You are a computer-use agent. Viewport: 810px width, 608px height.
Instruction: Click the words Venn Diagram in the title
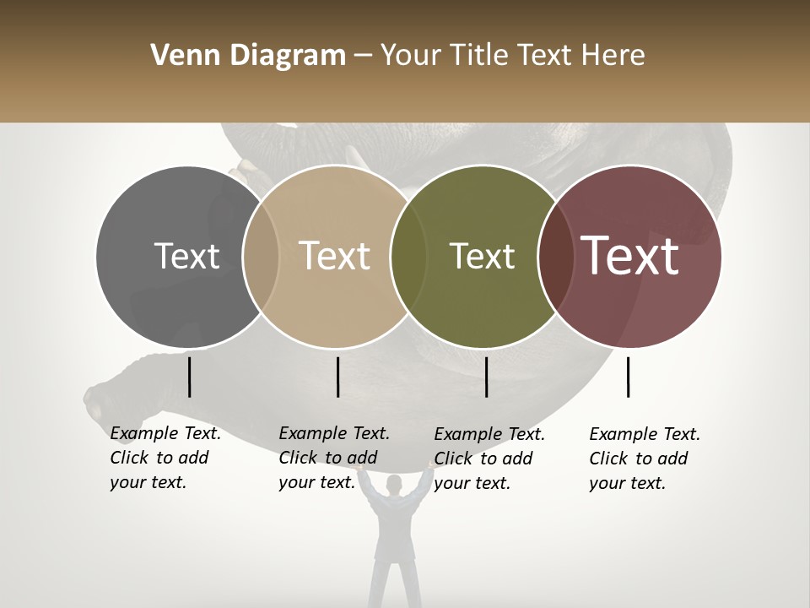pos(248,56)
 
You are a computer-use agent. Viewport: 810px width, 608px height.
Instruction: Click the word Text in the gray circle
pos(187,256)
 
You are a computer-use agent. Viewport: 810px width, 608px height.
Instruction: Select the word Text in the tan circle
pos(335,256)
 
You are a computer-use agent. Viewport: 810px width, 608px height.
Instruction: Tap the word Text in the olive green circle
pos(482,256)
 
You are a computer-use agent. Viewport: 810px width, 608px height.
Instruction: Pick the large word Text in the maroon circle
pos(630,256)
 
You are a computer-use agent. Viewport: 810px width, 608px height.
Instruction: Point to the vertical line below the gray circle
pos(189,377)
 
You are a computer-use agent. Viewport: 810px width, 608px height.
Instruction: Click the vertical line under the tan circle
pos(337,377)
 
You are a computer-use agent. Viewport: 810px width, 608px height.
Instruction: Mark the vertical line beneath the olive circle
pos(486,377)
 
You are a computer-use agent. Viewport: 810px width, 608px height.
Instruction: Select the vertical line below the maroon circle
pos(629,377)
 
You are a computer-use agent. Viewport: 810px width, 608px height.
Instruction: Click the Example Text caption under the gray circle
pos(165,458)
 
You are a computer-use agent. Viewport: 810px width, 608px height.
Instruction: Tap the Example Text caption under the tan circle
pos(333,458)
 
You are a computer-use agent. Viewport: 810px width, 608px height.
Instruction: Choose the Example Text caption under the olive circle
pos(489,459)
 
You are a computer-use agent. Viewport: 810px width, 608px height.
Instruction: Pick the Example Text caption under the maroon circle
pos(644,459)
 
